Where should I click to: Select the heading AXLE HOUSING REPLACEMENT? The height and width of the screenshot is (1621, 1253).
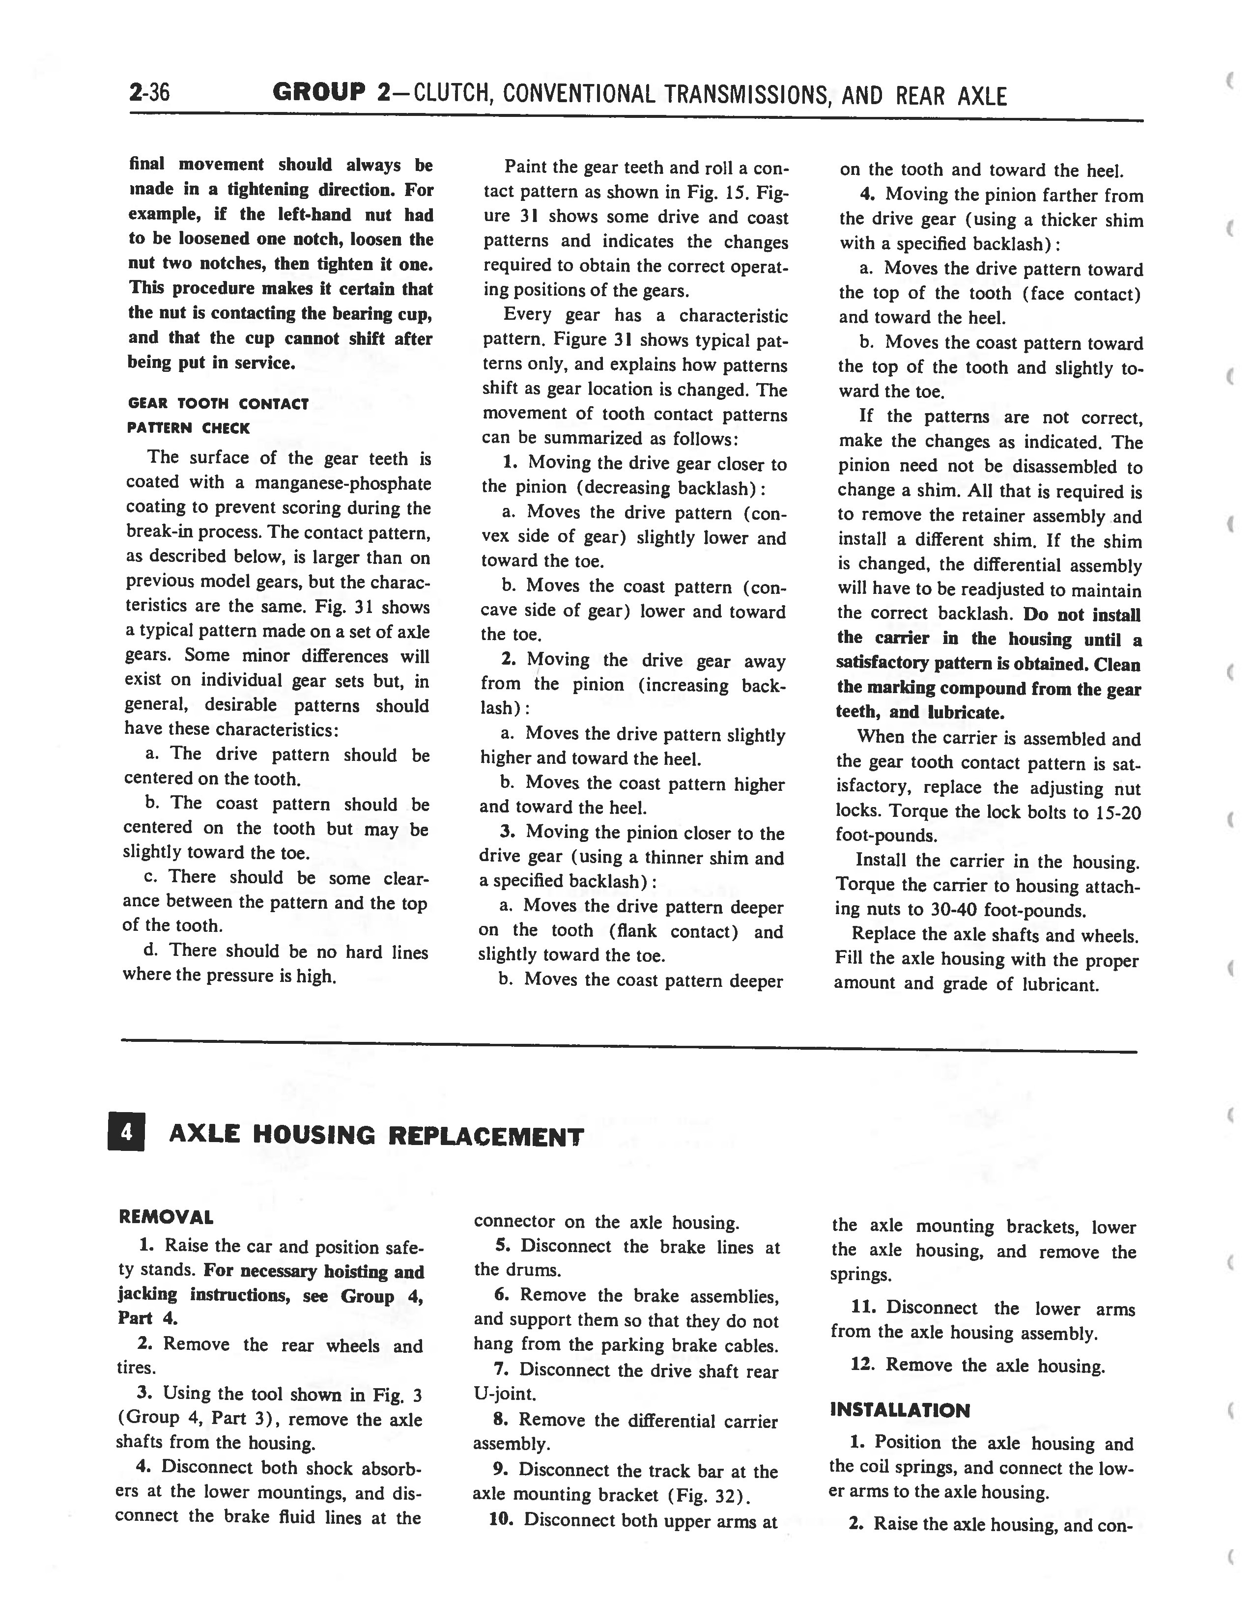pos(376,1136)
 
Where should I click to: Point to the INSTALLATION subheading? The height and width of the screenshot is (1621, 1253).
pos(900,1410)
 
